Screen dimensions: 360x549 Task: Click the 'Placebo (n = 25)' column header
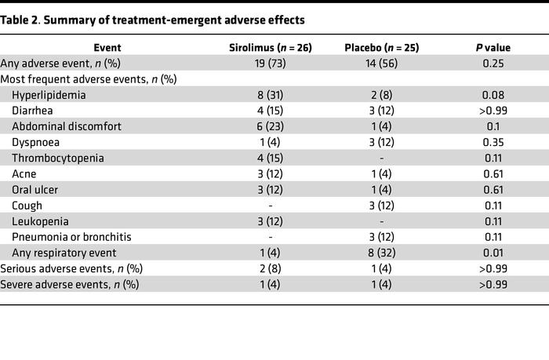(381, 47)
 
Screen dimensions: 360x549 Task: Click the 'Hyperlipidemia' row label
(49, 95)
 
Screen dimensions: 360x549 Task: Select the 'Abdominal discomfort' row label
(63, 126)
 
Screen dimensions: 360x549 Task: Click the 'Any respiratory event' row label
(64, 252)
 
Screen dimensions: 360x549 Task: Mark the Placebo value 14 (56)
(381, 63)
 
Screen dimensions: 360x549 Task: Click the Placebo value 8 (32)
(381, 252)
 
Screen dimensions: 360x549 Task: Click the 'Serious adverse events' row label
(71, 268)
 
